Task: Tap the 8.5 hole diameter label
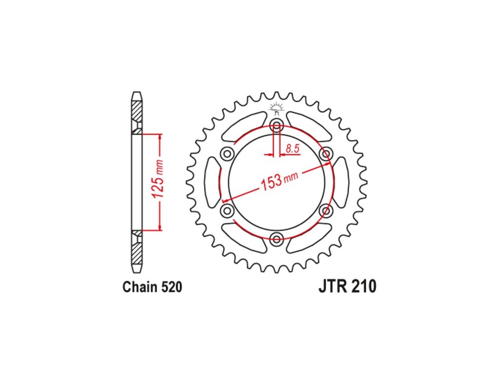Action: [292, 148]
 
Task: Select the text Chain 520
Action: [152, 287]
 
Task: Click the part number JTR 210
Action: [347, 286]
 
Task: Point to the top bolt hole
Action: [276, 125]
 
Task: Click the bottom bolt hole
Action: [276, 239]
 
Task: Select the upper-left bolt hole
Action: [227, 154]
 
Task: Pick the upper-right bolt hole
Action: [326, 154]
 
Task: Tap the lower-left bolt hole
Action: [227, 210]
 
